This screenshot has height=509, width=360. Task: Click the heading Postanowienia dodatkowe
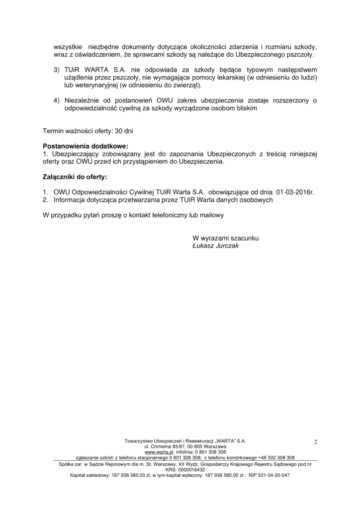pyautogui.click(x=86, y=147)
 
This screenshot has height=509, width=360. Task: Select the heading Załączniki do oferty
pyautogui.click(x=75, y=177)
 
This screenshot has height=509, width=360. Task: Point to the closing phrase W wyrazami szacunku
pyautogui.click(x=225, y=238)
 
